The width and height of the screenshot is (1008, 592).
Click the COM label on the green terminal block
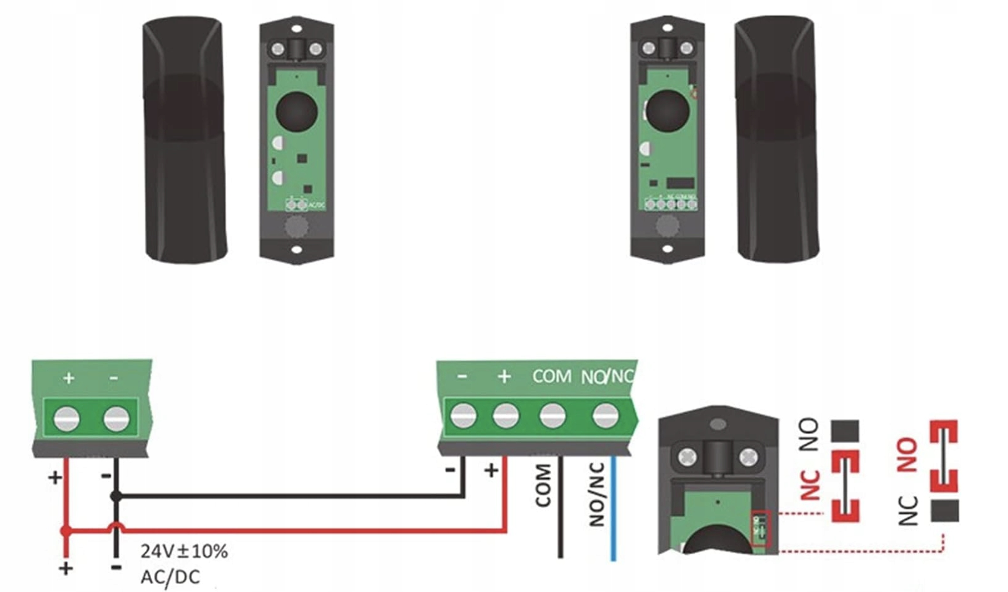coord(552,376)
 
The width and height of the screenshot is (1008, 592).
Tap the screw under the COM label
coord(552,415)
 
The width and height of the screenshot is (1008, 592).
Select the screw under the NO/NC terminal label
coord(605,415)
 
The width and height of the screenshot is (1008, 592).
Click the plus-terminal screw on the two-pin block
coord(66,418)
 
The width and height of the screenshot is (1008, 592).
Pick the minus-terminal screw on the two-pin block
coord(116,418)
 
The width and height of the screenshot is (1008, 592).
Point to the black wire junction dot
coord(116,496)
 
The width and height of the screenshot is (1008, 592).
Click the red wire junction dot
coord(66,531)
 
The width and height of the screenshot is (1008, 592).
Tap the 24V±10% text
coord(184,552)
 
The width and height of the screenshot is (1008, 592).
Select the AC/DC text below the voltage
coord(170,577)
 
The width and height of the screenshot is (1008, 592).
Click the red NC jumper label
coord(810,484)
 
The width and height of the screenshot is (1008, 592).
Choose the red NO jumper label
coord(907,455)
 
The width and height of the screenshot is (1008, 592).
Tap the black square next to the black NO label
coord(845,431)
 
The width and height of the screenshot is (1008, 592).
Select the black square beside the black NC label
coord(945,511)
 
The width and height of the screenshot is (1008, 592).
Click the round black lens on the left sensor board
coord(296,111)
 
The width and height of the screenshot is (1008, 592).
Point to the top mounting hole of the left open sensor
coord(297,29)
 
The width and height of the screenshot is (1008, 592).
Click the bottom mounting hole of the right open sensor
coord(667,249)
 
